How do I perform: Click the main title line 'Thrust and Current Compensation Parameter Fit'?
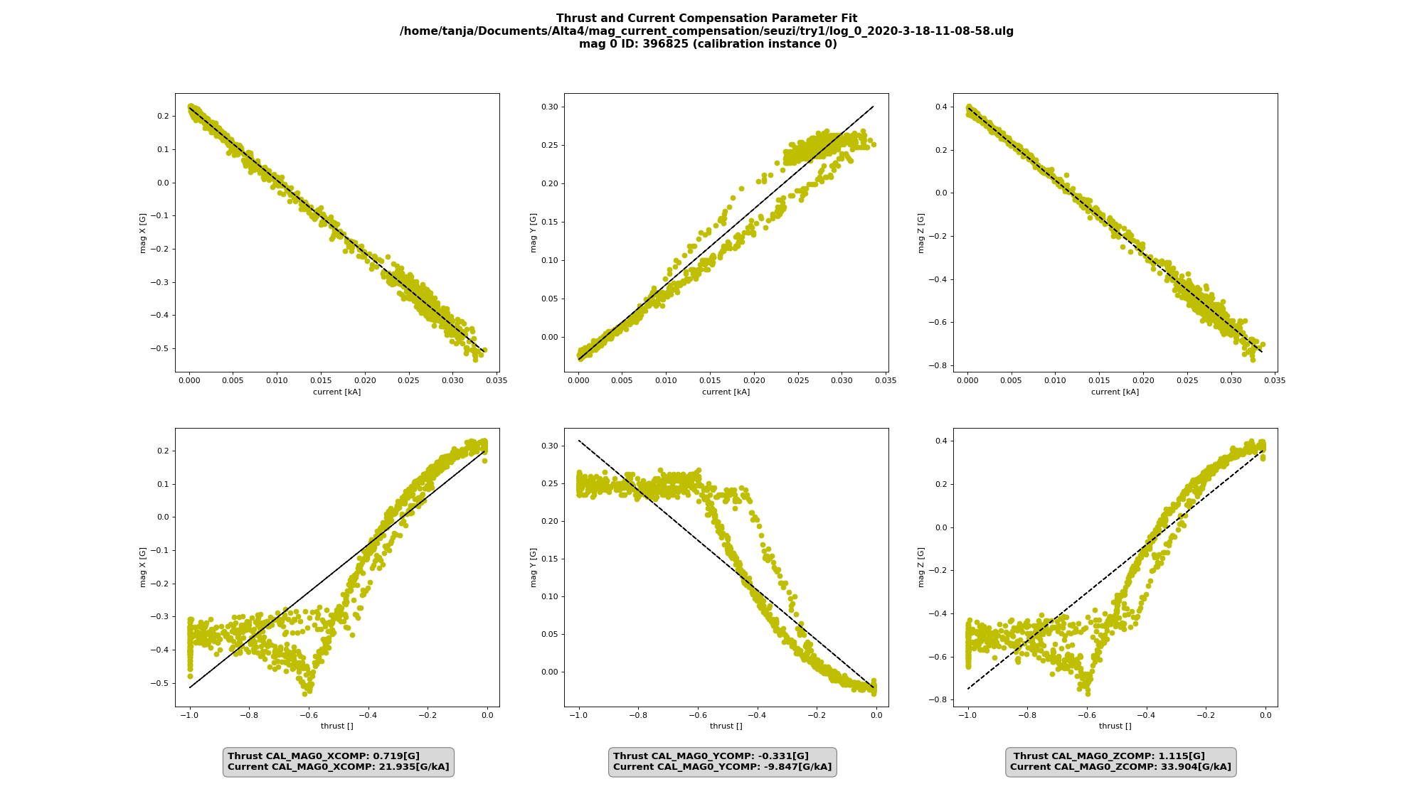click(706, 18)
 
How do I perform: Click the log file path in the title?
click(706, 31)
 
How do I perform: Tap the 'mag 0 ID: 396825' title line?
click(706, 44)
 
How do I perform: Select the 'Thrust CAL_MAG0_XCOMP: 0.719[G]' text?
click(324, 756)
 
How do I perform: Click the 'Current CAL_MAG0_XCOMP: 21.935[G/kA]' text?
click(338, 767)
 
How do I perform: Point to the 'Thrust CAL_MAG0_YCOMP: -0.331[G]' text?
click(711, 756)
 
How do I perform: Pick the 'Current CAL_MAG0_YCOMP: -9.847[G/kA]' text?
click(722, 767)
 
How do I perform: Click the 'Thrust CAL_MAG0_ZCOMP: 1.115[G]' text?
click(1109, 756)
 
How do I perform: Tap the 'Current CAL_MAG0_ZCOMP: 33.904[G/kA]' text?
click(1120, 767)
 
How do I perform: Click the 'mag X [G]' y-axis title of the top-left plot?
click(142, 232)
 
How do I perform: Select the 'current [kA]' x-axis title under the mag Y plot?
click(726, 392)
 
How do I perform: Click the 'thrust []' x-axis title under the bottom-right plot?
click(1115, 726)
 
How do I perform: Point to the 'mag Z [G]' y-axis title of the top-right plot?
click(921, 232)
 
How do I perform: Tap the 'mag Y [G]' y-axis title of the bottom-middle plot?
click(533, 567)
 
